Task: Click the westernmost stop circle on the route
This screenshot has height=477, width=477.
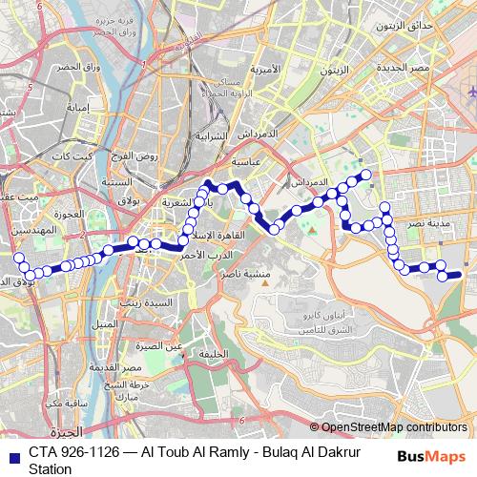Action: click(17, 258)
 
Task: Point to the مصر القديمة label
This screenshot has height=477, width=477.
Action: click(118, 366)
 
